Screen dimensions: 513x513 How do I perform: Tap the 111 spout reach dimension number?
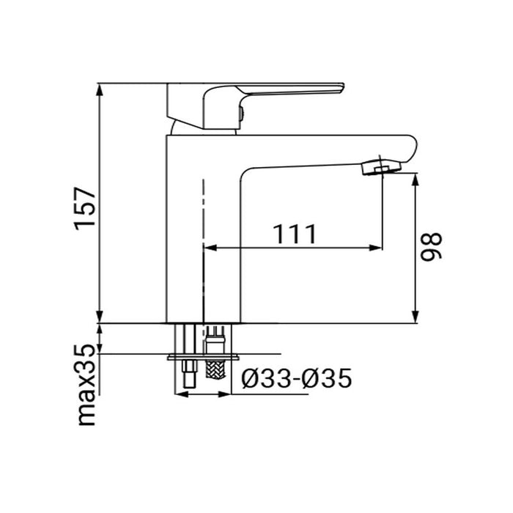pos(295,234)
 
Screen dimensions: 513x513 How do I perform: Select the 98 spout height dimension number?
pos(433,247)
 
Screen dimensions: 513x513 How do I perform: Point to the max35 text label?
pos(87,385)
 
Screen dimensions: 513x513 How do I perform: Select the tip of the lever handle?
pos(339,88)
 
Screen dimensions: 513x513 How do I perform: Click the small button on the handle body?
pos(240,114)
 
